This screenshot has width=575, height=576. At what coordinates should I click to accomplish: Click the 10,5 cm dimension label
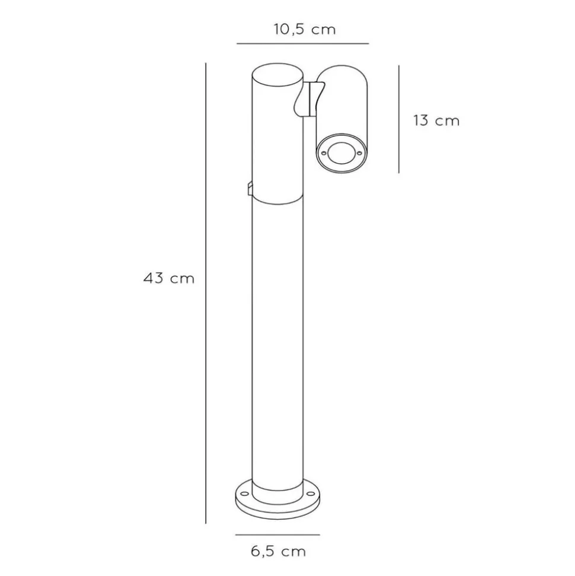coord(304,30)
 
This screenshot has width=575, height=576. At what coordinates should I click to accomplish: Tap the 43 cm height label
coord(168,278)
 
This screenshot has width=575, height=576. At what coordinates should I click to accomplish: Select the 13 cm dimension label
coord(436,120)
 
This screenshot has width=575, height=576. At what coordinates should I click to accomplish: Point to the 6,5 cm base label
coord(279,552)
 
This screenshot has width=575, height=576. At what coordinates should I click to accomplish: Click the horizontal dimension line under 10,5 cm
coord(302,44)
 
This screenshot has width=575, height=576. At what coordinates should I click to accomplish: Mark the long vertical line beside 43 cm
coord(206,293)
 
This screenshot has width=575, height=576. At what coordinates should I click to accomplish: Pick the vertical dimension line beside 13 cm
coord(399,119)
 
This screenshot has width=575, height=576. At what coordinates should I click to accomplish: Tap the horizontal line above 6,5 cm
coord(277,535)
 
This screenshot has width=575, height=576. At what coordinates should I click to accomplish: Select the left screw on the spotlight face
coord(324,153)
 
